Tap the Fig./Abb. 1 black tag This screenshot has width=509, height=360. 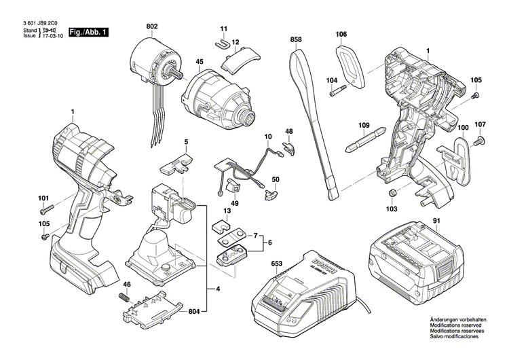pyautogui.click(x=88, y=32)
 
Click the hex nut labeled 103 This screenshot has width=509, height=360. pyautogui.click(x=392, y=194)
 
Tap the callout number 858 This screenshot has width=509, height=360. pyautogui.click(x=295, y=41)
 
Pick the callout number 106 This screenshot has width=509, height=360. pyautogui.click(x=341, y=34)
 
